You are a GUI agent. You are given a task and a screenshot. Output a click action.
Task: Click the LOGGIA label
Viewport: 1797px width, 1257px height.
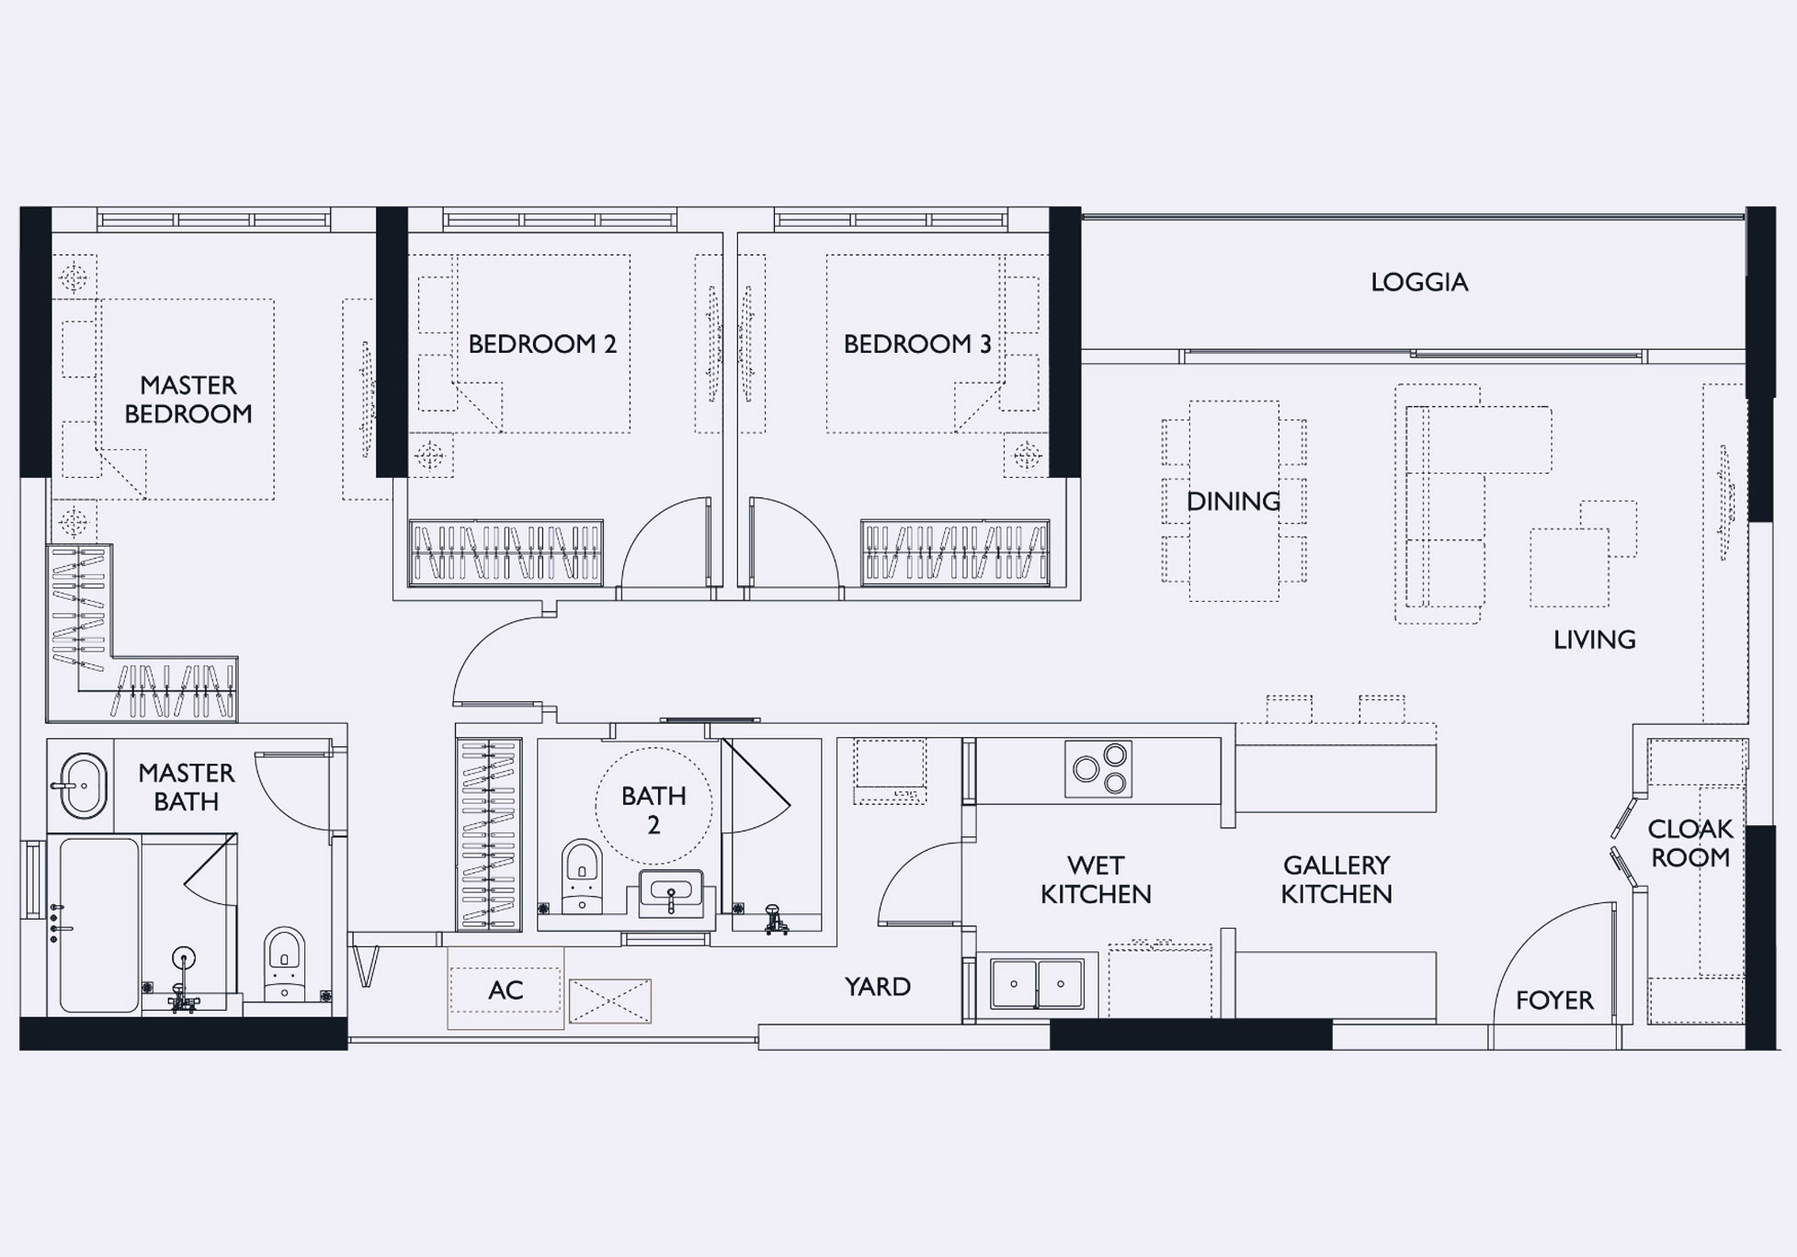click(x=1419, y=282)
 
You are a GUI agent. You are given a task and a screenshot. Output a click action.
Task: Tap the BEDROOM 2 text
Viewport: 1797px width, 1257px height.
click(x=542, y=344)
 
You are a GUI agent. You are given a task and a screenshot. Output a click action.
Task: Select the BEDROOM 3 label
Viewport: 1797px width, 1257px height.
click(x=917, y=344)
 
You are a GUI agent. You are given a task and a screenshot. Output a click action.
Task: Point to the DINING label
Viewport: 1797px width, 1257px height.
click(x=1233, y=501)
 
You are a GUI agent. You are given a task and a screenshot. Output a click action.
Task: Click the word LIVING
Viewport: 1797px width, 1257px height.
click(x=1594, y=640)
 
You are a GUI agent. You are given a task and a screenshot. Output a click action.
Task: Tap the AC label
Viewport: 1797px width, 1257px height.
click(x=506, y=990)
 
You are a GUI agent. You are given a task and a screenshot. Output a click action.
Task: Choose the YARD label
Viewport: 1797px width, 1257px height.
click(x=878, y=986)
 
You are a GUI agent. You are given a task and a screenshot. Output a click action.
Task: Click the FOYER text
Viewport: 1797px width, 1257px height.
click(x=1554, y=1000)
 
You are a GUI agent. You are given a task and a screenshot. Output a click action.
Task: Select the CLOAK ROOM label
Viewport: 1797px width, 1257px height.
click(x=1689, y=843)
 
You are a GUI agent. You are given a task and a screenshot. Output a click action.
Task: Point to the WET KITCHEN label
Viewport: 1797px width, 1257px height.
click(x=1096, y=879)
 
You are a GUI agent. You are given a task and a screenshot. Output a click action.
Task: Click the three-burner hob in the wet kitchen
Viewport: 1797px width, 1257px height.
click(x=1098, y=768)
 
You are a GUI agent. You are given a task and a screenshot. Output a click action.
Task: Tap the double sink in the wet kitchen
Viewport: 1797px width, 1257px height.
click(x=1037, y=983)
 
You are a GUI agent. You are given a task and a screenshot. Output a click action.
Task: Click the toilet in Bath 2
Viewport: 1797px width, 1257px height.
click(x=581, y=876)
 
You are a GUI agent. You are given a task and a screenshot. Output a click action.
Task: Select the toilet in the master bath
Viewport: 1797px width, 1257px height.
click(x=284, y=963)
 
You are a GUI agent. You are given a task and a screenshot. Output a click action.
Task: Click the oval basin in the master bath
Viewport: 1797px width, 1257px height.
click(x=82, y=786)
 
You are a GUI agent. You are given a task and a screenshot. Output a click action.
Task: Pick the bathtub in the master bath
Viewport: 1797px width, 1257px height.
click(x=99, y=924)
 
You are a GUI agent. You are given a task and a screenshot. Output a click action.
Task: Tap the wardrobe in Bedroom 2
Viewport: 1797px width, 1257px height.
click(x=506, y=552)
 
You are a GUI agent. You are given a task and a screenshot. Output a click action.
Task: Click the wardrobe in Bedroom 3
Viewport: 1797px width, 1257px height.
click(x=955, y=552)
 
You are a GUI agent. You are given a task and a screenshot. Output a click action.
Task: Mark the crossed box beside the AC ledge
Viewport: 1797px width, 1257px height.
click(x=610, y=1001)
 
